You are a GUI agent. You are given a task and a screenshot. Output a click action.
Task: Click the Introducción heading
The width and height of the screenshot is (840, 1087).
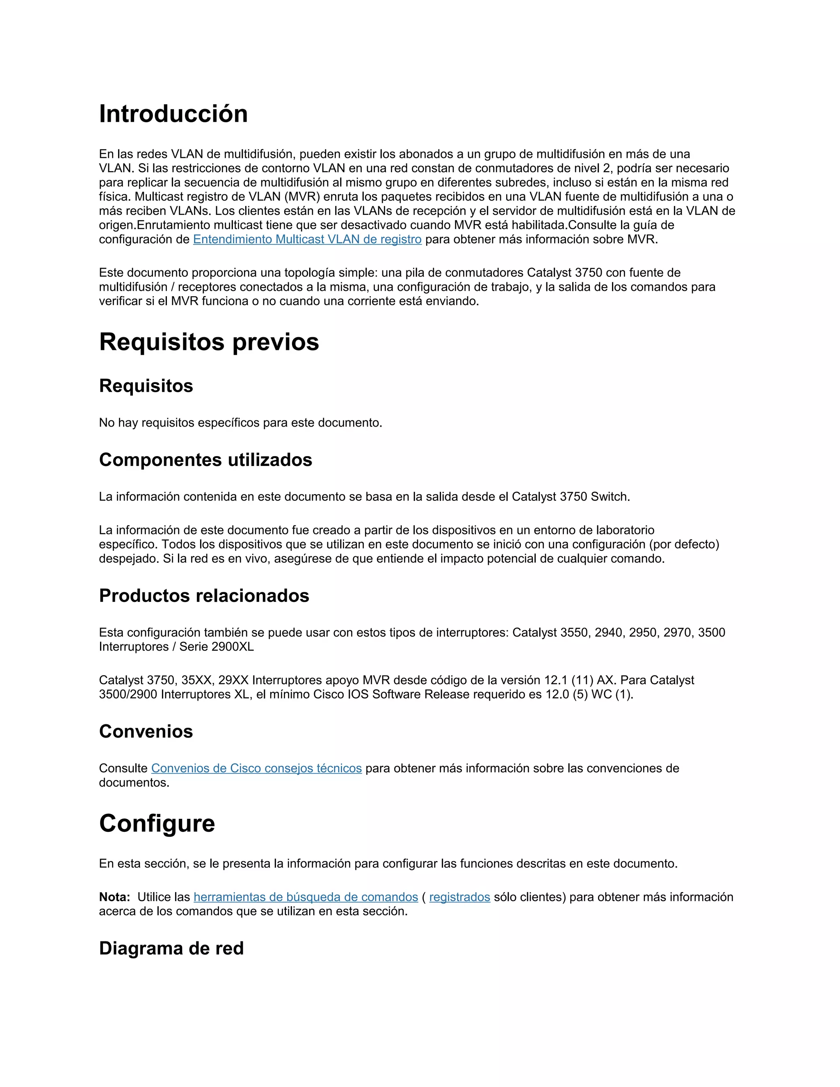pos(173,114)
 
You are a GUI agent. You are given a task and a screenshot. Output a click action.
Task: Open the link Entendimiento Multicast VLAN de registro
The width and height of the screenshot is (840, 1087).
pos(307,240)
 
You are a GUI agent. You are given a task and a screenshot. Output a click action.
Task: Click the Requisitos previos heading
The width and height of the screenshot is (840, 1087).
pos(209,342)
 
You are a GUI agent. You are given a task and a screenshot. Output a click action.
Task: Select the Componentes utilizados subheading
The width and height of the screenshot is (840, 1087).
pos(205,460)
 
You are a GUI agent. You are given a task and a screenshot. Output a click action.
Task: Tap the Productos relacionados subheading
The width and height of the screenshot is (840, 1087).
pos(204,596)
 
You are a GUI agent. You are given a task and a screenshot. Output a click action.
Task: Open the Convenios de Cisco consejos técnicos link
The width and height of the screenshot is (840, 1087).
pos(256,768)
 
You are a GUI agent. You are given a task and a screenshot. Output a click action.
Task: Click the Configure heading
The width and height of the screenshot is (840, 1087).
pos(157,823)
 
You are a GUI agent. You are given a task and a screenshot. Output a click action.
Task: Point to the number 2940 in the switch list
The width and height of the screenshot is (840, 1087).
pos(608,633)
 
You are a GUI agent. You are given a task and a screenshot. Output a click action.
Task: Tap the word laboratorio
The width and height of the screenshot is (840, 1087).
pos(625,530)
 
